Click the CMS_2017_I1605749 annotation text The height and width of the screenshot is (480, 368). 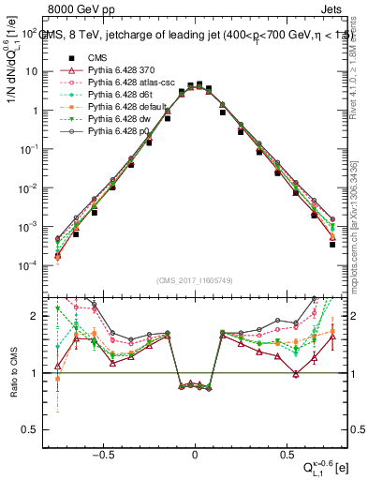(x=195, y=280)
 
